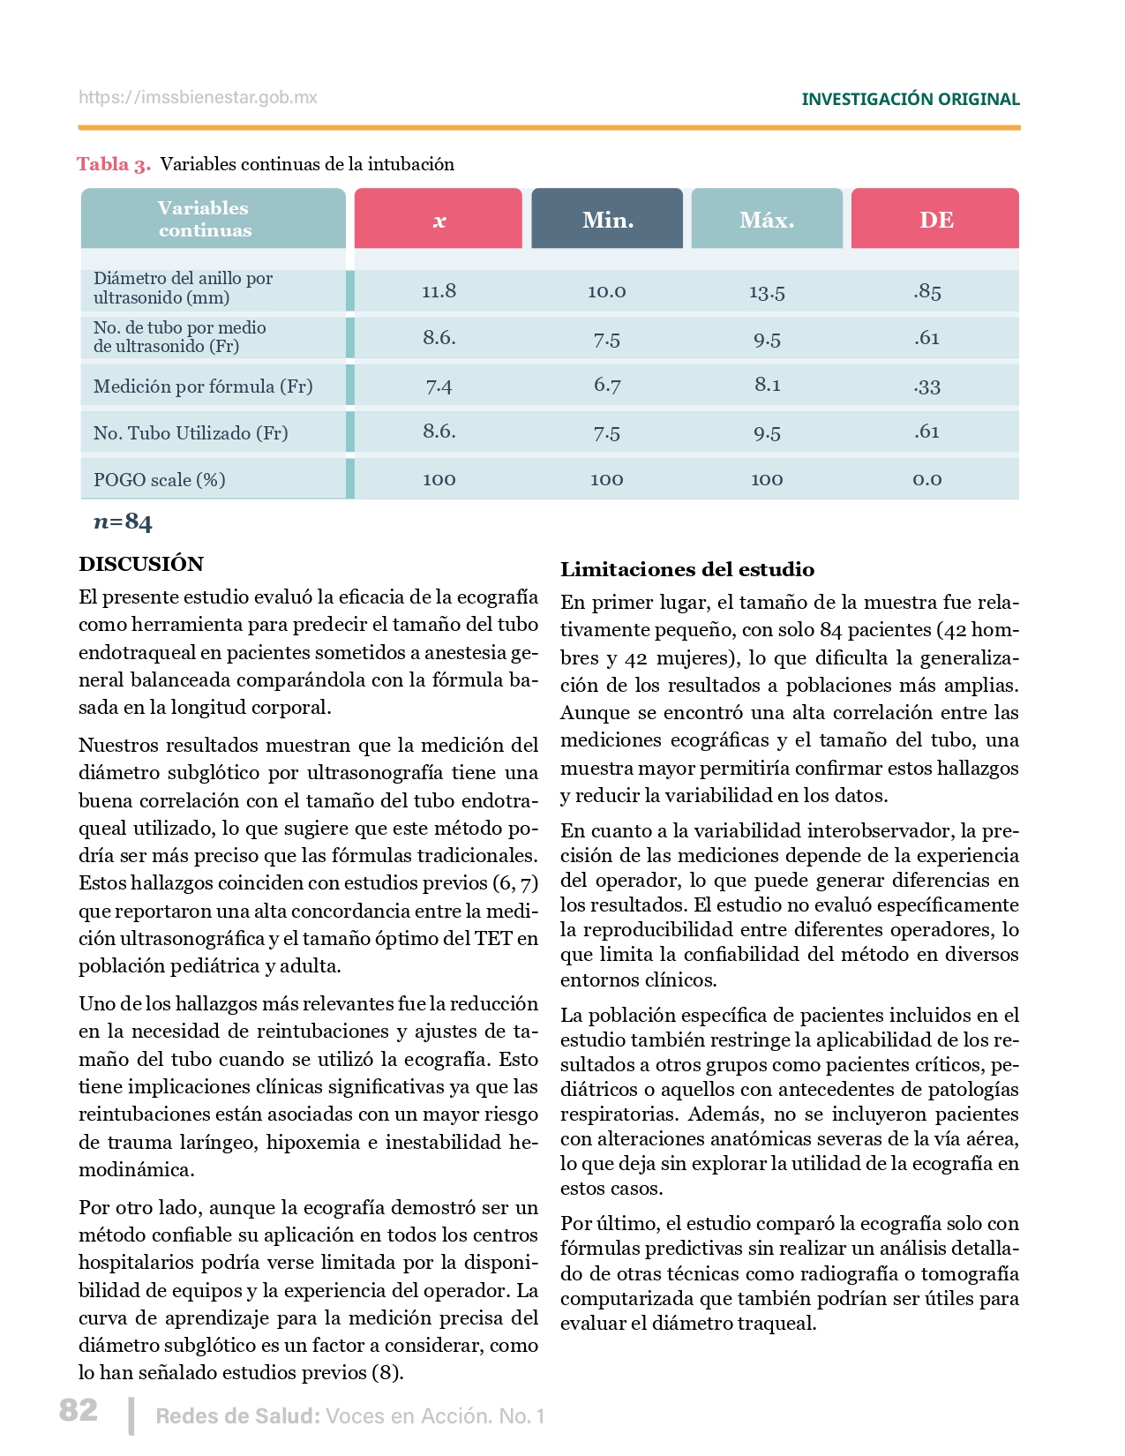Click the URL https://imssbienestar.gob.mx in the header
point(198,98)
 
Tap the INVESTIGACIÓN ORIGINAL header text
point(910,100)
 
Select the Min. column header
point(607,220)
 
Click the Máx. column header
point(767,220)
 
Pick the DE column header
point(935,220)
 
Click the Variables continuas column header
point(205,219)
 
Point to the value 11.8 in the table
point(439,291)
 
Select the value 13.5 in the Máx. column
point(767,292)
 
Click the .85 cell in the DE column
point(927,291)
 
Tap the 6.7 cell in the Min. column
point(607,386)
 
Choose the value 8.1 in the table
point(767,385)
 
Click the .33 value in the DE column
point(927,387)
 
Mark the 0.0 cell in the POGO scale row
point(927,480)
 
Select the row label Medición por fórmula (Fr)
point(203,387)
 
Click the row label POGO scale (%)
point(160,480)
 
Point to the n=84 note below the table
point(123,522)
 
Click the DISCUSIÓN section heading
point(141,564)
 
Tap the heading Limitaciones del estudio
point(687,570)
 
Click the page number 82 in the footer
point(79,1410)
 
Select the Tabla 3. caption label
point(114,164)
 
